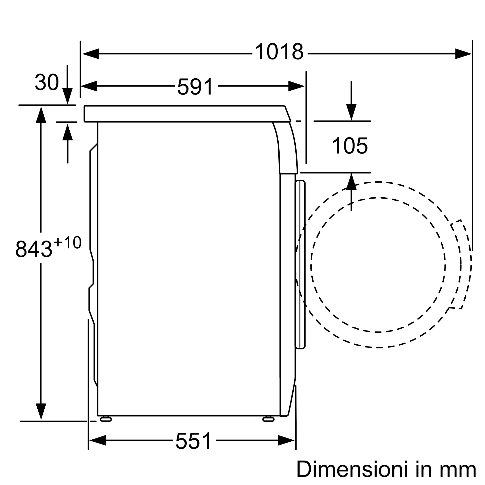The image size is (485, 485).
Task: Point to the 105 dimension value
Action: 350,145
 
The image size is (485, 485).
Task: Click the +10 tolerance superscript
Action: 67,242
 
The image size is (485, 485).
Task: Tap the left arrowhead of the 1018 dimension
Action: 90,54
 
